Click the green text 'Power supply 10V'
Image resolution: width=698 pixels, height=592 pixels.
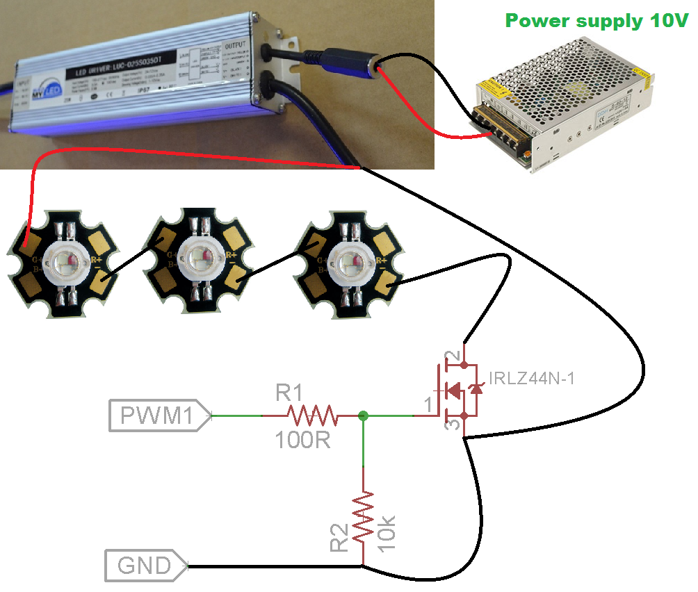596,20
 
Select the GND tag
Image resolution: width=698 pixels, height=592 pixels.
145,566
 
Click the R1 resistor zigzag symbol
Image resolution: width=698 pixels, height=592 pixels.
313,416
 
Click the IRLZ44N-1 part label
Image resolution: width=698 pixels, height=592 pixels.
532,379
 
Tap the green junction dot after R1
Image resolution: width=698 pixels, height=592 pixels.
363,416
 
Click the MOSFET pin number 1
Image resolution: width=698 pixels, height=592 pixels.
429,403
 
